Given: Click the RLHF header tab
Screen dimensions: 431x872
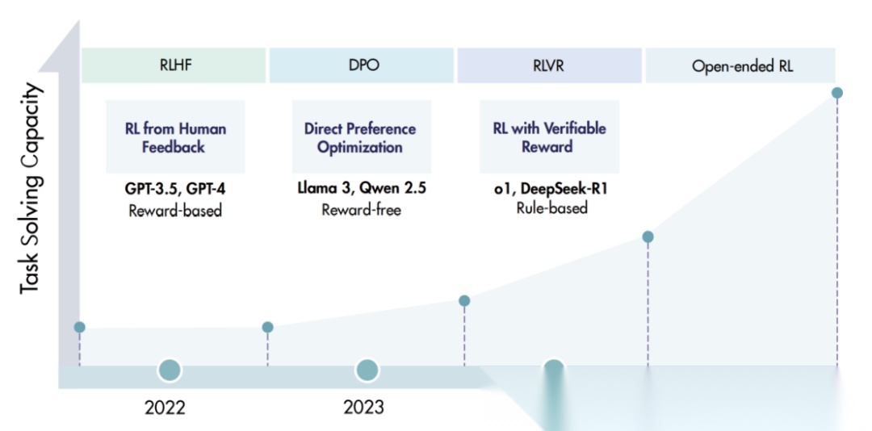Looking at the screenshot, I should tap(174, 65).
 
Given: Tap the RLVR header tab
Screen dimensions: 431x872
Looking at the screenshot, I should tap(549, 65).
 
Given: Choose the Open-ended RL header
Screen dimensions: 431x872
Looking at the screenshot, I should tap(742, 65).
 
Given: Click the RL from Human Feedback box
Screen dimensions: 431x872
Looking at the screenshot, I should tap(175, 137).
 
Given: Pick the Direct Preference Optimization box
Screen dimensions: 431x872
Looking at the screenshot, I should tap(360, 137).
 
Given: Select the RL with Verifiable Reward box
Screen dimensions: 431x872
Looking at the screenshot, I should tap(549, 137).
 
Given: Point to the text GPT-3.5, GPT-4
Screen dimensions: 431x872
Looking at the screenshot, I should tap(175, 189).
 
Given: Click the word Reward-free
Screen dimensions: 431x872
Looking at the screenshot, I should tap(361, 210).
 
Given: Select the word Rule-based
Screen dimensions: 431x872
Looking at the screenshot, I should tap(552, 207).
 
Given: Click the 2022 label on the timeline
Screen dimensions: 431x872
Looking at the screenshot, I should tap(165, 407).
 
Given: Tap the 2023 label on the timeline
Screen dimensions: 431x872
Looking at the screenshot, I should tap(364, 407).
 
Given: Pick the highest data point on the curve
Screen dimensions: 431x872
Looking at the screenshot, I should tap(837, 93).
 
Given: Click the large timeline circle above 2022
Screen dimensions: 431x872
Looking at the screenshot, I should tap(170, 370).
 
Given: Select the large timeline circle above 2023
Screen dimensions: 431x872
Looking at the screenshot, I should tap(367, 370).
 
